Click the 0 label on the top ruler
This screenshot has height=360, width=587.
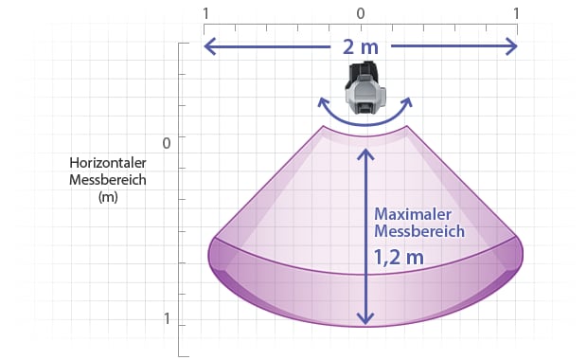360,14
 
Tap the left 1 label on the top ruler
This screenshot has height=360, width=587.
205,14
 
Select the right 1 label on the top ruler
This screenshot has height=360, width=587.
516,14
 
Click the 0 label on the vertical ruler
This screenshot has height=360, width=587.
167,143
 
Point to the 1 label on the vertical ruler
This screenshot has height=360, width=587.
167,319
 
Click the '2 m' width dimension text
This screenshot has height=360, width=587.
361,46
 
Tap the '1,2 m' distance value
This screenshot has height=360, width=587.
399,258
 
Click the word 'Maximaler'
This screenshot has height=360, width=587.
413,214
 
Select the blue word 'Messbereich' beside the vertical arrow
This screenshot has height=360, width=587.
419,231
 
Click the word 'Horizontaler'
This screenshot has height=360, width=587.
108,163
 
